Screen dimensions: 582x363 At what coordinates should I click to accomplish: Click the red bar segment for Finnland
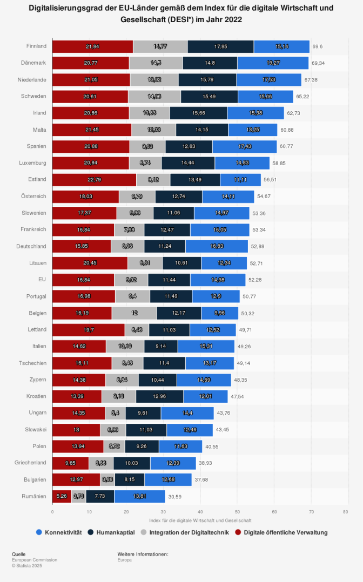point(92,46)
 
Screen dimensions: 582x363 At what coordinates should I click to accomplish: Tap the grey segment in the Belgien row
point(134,313)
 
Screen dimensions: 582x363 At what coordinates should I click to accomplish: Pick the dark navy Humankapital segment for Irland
point(198,113)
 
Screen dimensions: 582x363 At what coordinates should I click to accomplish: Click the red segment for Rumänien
point(62,496)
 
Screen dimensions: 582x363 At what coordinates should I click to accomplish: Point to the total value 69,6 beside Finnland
point(318,47)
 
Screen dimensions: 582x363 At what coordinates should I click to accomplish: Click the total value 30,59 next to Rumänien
point(175,497)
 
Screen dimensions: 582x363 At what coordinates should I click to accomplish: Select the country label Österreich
point(33,197)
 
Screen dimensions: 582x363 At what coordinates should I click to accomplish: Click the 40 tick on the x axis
point(200,512)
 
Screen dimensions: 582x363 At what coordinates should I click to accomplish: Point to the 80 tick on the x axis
point(345,512)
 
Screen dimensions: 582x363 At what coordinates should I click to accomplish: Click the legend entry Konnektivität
point(63,532)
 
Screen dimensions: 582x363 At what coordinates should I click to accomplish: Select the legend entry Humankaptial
point(115,532)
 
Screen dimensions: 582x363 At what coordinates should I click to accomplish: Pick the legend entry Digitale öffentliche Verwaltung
point(285,532)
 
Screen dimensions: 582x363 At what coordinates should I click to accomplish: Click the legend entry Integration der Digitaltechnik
point(189,532)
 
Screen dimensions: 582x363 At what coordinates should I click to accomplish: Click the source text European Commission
point(35,560)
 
